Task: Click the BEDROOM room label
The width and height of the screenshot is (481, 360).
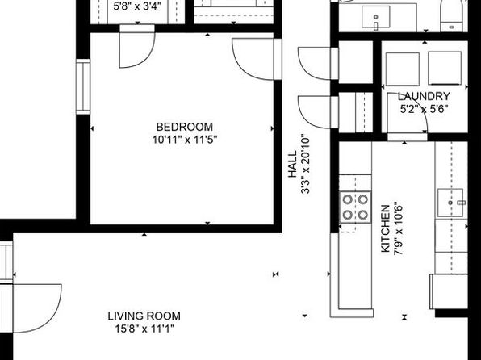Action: pyautogui.click(x=184, y=127)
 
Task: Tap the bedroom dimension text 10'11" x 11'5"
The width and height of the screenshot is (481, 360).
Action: pyautogui.click(x=185, y=140)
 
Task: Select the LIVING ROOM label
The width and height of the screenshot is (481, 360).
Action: pyautogui.click(x=144, y=316)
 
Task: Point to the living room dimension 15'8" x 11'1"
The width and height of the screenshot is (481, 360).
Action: pyautogui.click(x=144, y=329)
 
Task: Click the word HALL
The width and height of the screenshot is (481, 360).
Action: pyautogui.click(x=293, y=164)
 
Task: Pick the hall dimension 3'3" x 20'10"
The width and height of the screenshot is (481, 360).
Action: pyautogui.click(x=306, y=164)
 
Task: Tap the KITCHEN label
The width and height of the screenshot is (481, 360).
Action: pyautogui.click(x=385, y=228)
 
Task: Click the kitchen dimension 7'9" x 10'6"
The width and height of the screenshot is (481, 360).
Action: pyautogui.click(x=398, y=228)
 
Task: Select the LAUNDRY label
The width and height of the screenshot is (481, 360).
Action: pyautogui.click(x=424, y=96)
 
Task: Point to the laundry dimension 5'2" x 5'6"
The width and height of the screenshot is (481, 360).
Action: pyautogui.click(x=424, y=109)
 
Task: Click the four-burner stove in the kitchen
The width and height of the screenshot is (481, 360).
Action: pyautogui.click(x=355, y=207)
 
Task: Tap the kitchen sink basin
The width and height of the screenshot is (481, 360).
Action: pyautogui.click(x=450, y=203)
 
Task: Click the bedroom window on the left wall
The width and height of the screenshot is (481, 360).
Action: pyautogui.click(x=83, y=87)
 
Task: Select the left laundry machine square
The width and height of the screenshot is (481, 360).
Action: pyautogui.click(x=403, y=69)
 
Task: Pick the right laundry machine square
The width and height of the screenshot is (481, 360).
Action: pyautogui.click(x=445, y=68)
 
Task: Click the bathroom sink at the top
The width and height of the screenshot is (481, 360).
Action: pyautogui.click(x=376, y=17)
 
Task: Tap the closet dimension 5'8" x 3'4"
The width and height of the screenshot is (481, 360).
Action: pyautogui.click(x=137, y=6)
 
